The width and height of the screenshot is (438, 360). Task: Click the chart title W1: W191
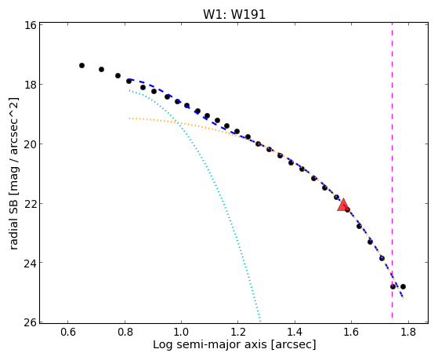point(234,14)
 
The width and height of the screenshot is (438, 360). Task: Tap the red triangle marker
point(342,205)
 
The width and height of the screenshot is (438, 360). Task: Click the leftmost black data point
point(81,65)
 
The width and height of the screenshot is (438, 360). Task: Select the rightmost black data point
point(403,287)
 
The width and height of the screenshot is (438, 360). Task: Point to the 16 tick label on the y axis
point(30,25)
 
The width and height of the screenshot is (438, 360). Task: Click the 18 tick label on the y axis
point(30,85)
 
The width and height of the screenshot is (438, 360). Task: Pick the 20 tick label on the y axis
point(30,144)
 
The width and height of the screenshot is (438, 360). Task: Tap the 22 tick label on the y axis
point(30,203)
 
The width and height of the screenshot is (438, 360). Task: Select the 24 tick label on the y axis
point(30,263)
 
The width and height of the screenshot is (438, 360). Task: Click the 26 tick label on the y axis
point(30,322)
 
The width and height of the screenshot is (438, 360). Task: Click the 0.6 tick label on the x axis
point(68,333)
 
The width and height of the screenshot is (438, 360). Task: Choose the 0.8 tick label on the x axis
point(125,333)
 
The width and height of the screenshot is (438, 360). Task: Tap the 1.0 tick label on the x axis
point(181,333)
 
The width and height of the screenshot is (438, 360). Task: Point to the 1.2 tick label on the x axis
point(238,333)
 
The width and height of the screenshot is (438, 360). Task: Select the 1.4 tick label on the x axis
point(295,333)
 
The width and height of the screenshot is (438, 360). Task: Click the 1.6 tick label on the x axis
point(351,333)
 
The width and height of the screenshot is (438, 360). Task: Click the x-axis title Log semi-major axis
point(210,345)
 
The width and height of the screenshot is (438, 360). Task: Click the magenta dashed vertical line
point(393,170)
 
